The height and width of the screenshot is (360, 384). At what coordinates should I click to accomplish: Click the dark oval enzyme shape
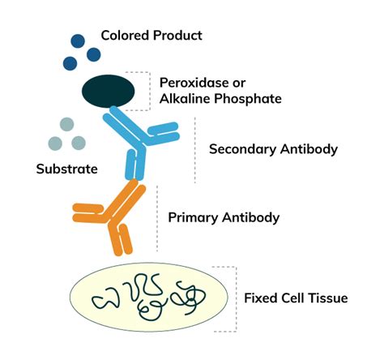pyautogui.click(x=108, y=91)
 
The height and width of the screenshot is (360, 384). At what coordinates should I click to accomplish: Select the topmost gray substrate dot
pyautogui.click(x=66, y=124)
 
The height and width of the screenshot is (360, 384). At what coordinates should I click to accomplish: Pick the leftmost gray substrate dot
pyautogui.click(x=53, y=143)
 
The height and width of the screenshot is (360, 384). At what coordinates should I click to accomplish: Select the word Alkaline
pyautogui.click(x=186, y=99)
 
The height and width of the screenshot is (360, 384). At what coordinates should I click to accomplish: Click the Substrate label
pyautogui.click(x=66, y=169)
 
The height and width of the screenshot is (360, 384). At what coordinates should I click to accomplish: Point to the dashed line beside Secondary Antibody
pyautogui.click(x=194, y=149)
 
